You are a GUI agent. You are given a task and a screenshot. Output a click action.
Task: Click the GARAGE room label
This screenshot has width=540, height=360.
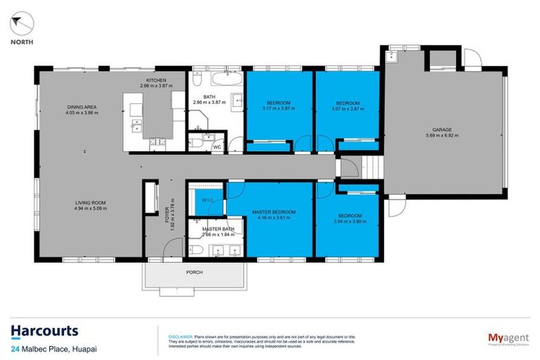(x=442, y=129)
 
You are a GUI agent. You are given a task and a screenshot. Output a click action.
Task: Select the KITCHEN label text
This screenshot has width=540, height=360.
(x=156, y=81)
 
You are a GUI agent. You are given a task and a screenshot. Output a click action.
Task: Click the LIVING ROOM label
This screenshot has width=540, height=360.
(x=91, y=203)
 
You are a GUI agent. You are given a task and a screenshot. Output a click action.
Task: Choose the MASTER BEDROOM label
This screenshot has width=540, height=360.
(x=274, y=212)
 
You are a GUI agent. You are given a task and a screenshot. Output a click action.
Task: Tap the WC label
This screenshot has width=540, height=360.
(x=217, y=147)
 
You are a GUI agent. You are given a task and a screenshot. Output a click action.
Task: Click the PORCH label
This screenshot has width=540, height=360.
(x=194, y=272)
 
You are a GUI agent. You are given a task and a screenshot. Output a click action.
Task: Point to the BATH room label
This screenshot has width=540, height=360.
(x=210, y=97)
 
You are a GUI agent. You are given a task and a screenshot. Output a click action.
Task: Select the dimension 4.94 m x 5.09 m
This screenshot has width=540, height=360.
(x=91, y=209)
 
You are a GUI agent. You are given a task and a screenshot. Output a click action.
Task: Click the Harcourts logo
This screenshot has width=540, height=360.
(x=44, y=331)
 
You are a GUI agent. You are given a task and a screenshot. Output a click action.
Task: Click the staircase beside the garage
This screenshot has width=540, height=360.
(x=370, y=169)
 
